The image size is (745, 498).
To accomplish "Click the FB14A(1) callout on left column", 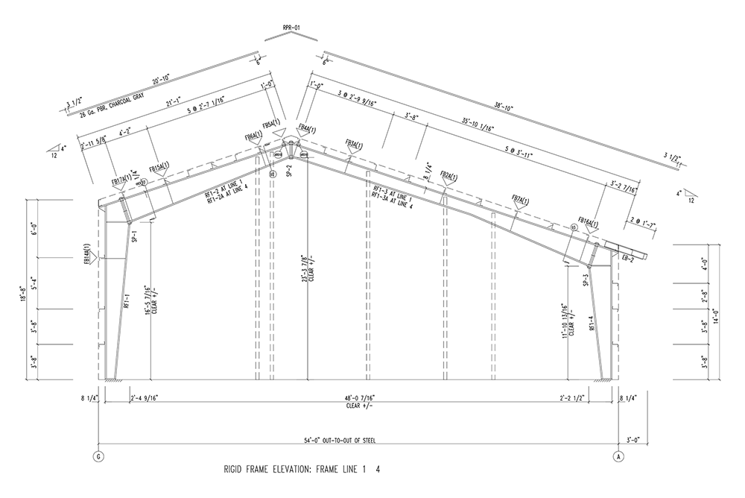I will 88,253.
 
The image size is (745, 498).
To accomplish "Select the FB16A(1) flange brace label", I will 588,223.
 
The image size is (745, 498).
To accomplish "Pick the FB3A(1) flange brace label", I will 356,142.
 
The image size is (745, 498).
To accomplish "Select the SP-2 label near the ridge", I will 286,170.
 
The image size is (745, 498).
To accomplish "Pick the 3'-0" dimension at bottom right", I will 634,441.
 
